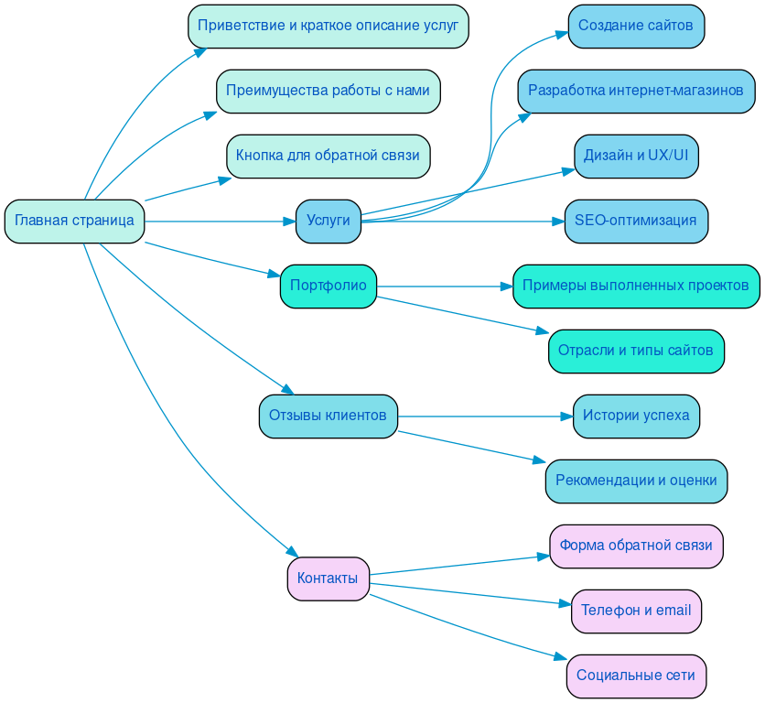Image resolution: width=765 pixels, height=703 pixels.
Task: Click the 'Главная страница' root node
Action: pyautogui.click(x=74, y=221)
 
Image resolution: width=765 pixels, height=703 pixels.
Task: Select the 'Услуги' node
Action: pyautogui.click(x=328, y=221)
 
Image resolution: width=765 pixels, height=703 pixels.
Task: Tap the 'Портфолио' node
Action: pyautogui.click(x=328, y=286)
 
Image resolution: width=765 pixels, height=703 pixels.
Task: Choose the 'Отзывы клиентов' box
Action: pyautogui.click(x=328, y=416)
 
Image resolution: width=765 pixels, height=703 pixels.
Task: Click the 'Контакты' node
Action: pyautogui.click(x=328, y=579)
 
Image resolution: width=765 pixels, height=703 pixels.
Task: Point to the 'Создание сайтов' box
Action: pyautogui.click(x=636, y=26)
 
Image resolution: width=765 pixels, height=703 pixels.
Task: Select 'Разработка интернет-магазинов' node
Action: pyautogui.click(x=636, y=91)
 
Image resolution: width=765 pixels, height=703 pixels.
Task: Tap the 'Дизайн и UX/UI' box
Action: pyautogui.click(x=636, y=156)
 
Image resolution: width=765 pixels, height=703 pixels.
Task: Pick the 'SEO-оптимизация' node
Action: pyautogui.click(x=636, y=221)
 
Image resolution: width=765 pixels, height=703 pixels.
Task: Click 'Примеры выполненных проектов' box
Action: pyautogui.click(x=636, y=286)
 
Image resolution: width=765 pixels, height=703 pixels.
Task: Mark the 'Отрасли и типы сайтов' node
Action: pyautogui.click(x=636, y=351)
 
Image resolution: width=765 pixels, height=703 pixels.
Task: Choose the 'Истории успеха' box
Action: pyautogui.click(x=636, y=416)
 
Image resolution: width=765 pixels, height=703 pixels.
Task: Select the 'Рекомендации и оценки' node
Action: pyautogui.click(x=636, y=481)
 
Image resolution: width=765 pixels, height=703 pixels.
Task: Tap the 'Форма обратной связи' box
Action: pyautogui.click(x=636, y=546)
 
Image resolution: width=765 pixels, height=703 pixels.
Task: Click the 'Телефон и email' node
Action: pyautogui.click(x=636, y=611)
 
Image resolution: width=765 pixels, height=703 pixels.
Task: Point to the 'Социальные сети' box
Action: pyautogui.click(x=636, y=676)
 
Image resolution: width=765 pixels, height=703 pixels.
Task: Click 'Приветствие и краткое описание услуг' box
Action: pyautogui.click(x=328, y=26)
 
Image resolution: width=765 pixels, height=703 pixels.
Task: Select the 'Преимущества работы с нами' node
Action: pyautogui.click(x=328, y=91)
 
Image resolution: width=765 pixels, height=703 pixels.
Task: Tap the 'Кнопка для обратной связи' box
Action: pyautogui.click(x=328, y=156)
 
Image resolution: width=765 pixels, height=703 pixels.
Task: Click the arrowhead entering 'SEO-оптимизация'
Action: pyautogui.click(x=557, y=221)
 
